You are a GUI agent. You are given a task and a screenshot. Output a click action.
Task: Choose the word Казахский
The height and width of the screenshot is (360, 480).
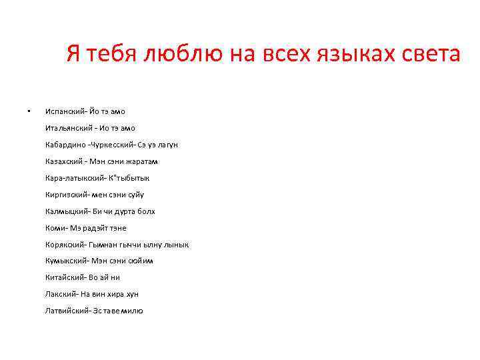point(64,161)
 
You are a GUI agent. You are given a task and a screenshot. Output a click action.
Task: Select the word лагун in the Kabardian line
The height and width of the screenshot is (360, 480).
point(167,145)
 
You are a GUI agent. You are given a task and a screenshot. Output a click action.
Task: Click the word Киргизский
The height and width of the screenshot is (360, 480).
point(67,195)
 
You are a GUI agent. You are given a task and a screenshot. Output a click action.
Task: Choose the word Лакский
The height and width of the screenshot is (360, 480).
point(61,294)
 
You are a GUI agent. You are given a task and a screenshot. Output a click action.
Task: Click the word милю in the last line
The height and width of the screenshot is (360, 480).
point(131,311)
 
